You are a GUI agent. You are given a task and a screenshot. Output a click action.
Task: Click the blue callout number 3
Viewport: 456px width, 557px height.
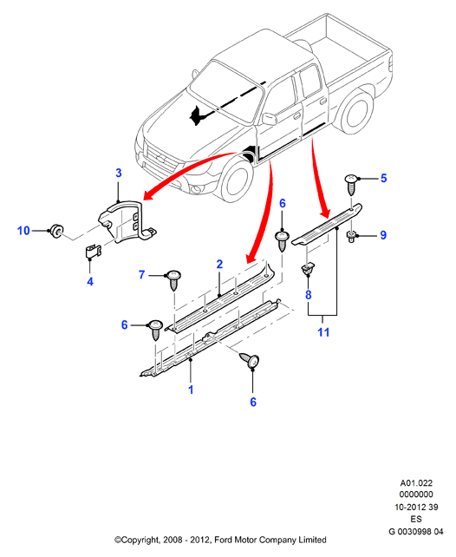point(119,173)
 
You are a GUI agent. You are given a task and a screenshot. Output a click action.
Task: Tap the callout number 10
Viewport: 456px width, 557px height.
point(23,231)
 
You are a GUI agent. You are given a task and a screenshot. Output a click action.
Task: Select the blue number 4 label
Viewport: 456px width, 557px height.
point(90,281)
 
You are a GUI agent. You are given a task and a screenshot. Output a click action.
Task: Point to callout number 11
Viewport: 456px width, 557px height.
point(323,332)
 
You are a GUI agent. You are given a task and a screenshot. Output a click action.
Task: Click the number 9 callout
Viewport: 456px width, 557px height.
point(383,235)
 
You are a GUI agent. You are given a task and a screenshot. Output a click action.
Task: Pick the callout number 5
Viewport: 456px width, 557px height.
point(383,178)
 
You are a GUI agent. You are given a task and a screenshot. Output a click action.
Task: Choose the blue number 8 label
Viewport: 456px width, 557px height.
point(309,294)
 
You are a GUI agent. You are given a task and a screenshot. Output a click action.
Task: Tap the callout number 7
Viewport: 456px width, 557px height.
point(142,274)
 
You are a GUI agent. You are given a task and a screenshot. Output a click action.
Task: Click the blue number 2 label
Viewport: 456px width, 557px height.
point(219,265)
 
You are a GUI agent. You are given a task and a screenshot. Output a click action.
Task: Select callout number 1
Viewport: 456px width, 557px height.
point(191,390)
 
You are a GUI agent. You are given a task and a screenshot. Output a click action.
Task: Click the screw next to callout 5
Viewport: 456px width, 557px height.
point(351,184)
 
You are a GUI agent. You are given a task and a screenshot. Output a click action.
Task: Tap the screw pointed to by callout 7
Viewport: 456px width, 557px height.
point(173,280)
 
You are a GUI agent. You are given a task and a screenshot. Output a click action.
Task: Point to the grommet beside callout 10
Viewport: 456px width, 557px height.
point(56,231)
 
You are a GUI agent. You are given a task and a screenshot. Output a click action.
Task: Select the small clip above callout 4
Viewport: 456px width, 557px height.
point(93,251)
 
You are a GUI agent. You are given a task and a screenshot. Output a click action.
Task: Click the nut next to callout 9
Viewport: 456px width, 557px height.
point(351,237)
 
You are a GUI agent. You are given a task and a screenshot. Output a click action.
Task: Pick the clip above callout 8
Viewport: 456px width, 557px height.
point(307,269)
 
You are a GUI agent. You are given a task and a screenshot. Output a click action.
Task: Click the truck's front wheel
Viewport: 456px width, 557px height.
point(237,181)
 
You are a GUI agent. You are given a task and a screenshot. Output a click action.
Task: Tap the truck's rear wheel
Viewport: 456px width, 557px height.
point(356,112)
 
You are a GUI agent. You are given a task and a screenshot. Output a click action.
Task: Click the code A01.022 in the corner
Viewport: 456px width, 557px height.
point(416,483)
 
